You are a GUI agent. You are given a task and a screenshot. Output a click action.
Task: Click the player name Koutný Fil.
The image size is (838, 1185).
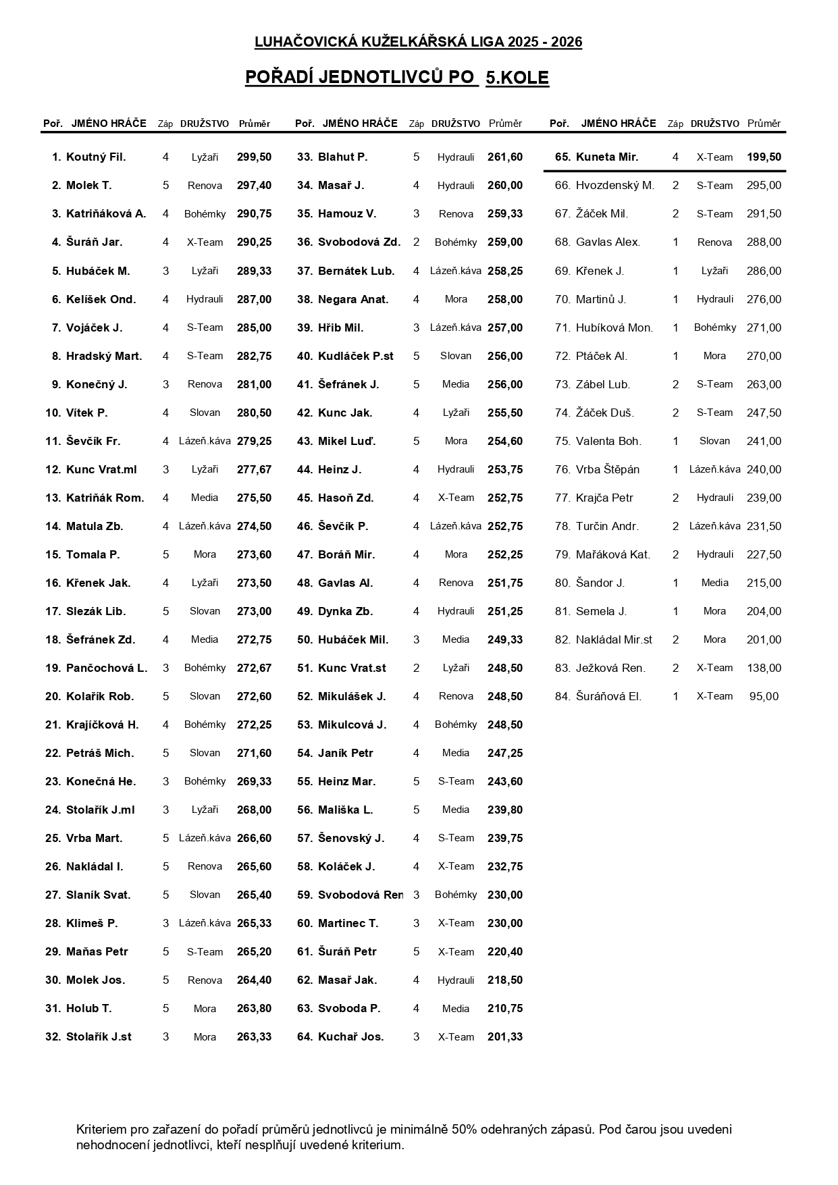point(96,157)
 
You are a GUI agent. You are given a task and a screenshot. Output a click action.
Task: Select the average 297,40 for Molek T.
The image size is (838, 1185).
point(254,186)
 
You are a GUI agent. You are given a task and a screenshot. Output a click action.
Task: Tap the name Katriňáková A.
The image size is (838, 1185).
point(106,214)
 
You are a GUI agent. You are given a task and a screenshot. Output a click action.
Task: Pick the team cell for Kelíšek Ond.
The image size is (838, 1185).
point(205,299)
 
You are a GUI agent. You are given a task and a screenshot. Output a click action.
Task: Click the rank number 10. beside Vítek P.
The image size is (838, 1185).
point(53,413)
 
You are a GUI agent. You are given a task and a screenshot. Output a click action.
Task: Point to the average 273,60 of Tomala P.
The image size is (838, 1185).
point(254,554)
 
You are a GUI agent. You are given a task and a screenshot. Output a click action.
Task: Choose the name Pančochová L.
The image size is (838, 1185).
point(107,668)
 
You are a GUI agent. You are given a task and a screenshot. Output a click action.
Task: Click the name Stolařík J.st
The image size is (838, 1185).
point(99,1036)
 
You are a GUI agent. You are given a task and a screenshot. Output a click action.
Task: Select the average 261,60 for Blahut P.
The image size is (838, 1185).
point(505,157)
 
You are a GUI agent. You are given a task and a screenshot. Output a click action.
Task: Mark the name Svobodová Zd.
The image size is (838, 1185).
point(359,242)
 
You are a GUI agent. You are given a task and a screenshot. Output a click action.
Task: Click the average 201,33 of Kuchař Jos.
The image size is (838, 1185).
point(505,1036)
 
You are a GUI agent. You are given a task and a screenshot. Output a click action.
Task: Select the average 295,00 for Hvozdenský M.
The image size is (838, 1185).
point(764,186)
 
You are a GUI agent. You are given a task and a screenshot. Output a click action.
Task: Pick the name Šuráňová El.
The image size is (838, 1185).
point(608,696)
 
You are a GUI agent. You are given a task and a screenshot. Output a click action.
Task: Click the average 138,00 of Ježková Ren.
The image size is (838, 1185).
point(764,668)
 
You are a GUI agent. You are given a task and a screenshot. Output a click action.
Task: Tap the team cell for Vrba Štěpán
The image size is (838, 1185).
point(714,469)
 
